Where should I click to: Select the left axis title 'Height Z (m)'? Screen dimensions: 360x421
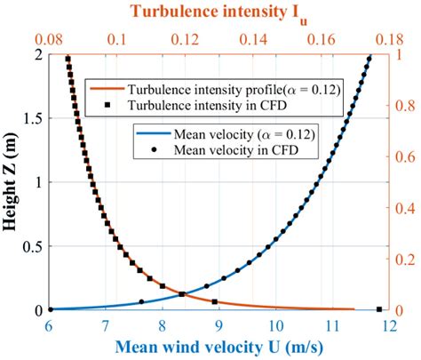[12, 181]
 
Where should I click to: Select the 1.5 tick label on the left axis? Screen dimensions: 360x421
[33, 118]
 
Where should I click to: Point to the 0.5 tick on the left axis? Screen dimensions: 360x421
[33, 246]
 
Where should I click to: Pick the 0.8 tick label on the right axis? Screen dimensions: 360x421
[402, 106]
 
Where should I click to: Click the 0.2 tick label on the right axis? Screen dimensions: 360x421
[402, 260]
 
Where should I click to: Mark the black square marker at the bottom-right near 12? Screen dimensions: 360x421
[378, 309]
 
